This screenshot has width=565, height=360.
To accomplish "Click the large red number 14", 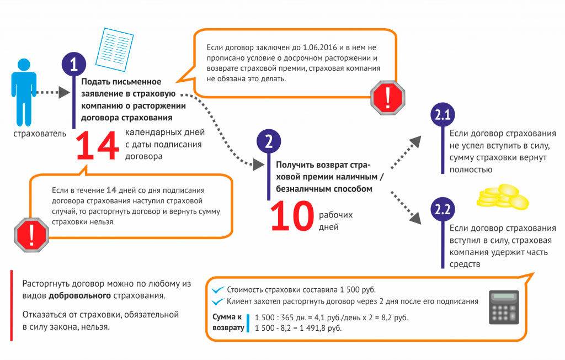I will point(97,147).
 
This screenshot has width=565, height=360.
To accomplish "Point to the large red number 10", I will point(291,216).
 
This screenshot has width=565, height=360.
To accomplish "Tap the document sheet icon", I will point(115,49).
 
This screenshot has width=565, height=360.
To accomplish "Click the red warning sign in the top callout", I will point(387,98).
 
